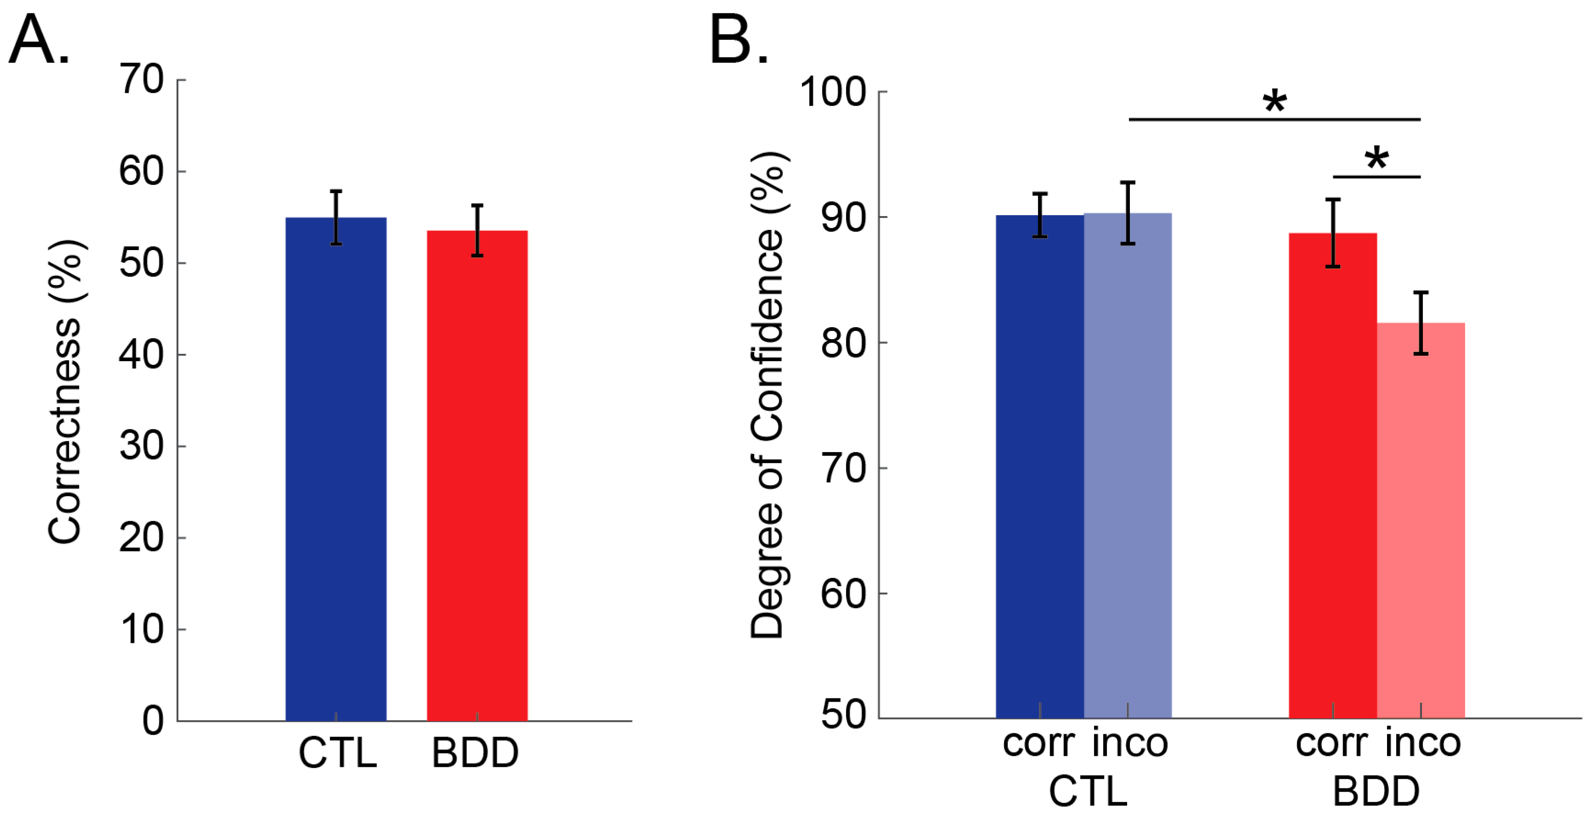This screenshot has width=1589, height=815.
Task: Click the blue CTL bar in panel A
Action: tap(336, 469)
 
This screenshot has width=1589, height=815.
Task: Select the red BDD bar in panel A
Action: tap(477, 474)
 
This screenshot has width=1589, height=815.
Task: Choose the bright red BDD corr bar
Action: tap(1332, 474)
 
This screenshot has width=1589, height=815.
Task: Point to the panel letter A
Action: tap(38, 40)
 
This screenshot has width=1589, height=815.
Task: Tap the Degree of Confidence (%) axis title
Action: tap(767, 395)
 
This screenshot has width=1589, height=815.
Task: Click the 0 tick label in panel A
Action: tap(153, 720)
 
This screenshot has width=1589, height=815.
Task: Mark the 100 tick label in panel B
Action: tap(833, 93)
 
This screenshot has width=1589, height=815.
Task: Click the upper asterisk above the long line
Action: tap(1275, 102)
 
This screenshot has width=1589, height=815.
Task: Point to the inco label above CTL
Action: tap(1130, 743)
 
